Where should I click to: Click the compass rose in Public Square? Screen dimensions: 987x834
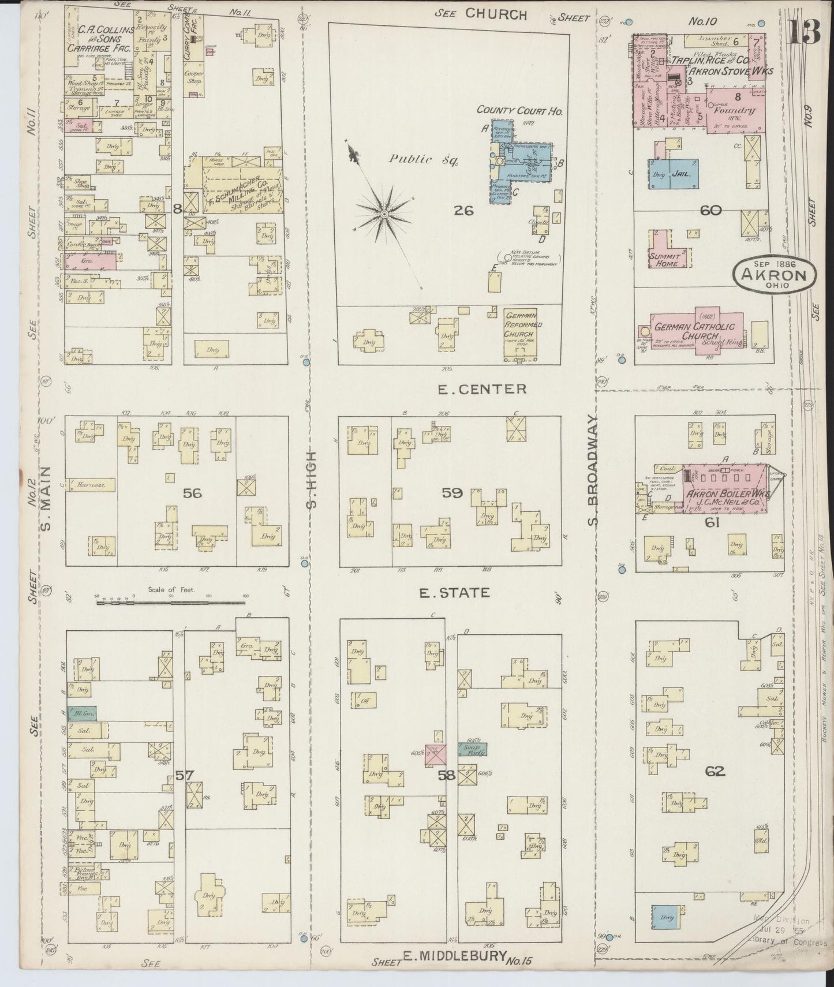[x=383, y=214]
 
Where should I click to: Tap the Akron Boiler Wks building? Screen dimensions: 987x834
[x=725, y=496]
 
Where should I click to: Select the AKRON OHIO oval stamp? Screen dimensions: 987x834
[x=775, y=275]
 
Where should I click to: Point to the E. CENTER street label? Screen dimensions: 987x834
[x=481, y=389]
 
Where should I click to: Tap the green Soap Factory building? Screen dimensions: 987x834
[x=472, y=749]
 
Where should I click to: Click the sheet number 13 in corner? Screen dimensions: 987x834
[x=803, y=33]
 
